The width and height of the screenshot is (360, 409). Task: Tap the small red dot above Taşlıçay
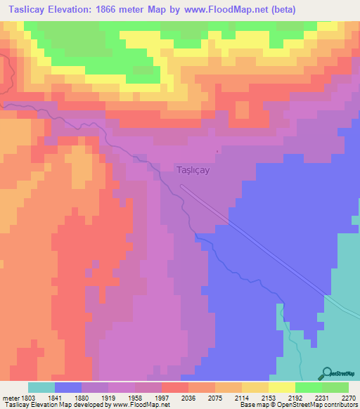click(x=217, y=151)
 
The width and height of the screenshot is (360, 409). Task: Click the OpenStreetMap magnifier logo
click(x=326, y=373)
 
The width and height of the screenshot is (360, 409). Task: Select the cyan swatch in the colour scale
click(x=41, y=387)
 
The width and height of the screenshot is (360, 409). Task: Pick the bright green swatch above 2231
click(x=308, y=387)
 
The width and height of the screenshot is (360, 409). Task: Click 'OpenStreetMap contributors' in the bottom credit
click(x=322, y=405)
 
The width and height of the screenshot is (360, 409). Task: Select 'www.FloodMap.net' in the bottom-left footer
click(x=137, y=405)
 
